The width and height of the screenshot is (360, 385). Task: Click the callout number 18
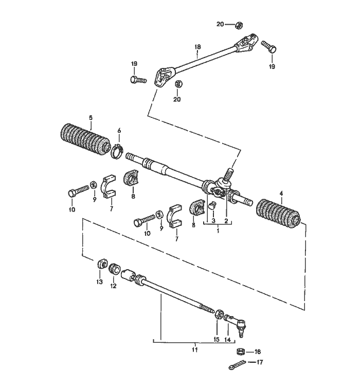point(197,47)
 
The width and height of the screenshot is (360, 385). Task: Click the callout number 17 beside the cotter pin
point(259,362)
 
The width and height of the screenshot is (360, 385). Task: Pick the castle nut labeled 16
point(240,352)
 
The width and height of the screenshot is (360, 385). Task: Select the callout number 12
point(114,286)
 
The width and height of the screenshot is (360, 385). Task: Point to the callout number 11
point(194,350)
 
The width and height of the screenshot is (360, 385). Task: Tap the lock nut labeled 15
point(219,314)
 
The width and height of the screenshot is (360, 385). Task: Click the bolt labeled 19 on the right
point(269,48)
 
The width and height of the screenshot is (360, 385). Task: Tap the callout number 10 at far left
point(71,209)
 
